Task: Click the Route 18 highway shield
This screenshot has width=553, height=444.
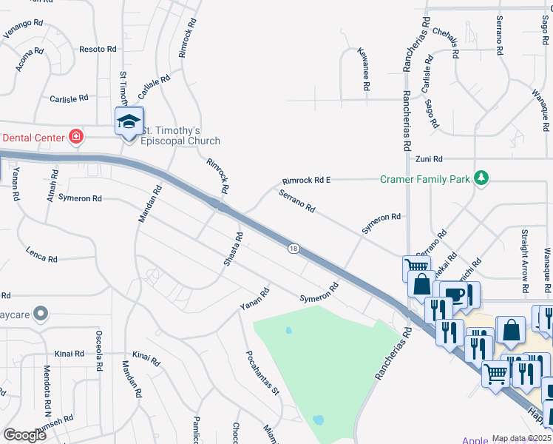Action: (294, 249)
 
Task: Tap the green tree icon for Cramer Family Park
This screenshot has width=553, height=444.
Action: (481, 178)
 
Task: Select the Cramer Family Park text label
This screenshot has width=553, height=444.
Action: (425, 178)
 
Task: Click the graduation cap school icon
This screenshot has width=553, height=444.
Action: (129, 121)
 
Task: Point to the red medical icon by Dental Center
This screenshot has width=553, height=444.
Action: (75, 136)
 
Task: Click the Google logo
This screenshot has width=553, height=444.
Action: (24, 435)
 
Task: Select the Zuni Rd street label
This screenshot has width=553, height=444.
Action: (428, 159)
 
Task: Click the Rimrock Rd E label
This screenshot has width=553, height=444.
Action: (306, 181)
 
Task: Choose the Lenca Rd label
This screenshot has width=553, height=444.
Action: (41, 254)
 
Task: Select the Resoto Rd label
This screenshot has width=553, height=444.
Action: (98, 49)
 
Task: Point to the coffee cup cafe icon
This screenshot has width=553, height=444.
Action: (455, 294)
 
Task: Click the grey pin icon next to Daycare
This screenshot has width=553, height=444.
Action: (41, 314)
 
